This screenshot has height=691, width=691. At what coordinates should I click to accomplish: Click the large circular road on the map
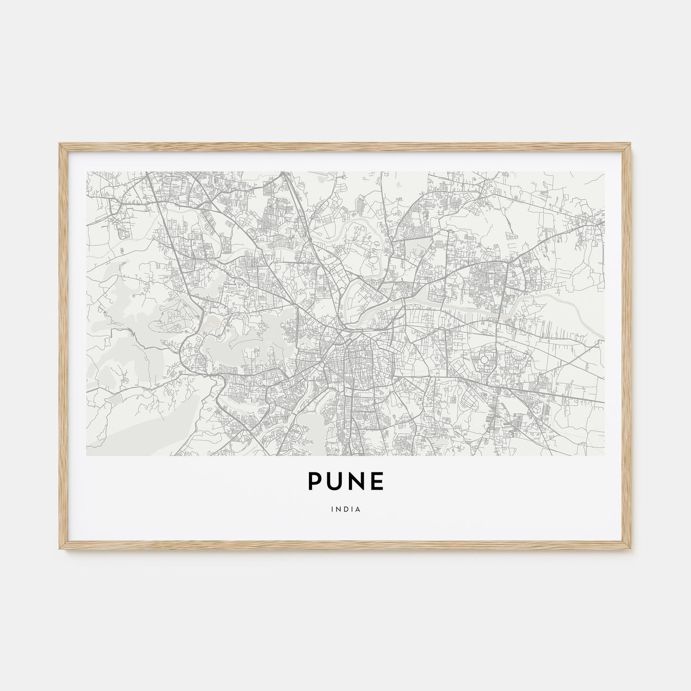[x=484, y=360]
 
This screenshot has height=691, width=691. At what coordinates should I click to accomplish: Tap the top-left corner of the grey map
[x=87, y=172]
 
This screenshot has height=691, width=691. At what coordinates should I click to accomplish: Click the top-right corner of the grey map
[x=604, y=172]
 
